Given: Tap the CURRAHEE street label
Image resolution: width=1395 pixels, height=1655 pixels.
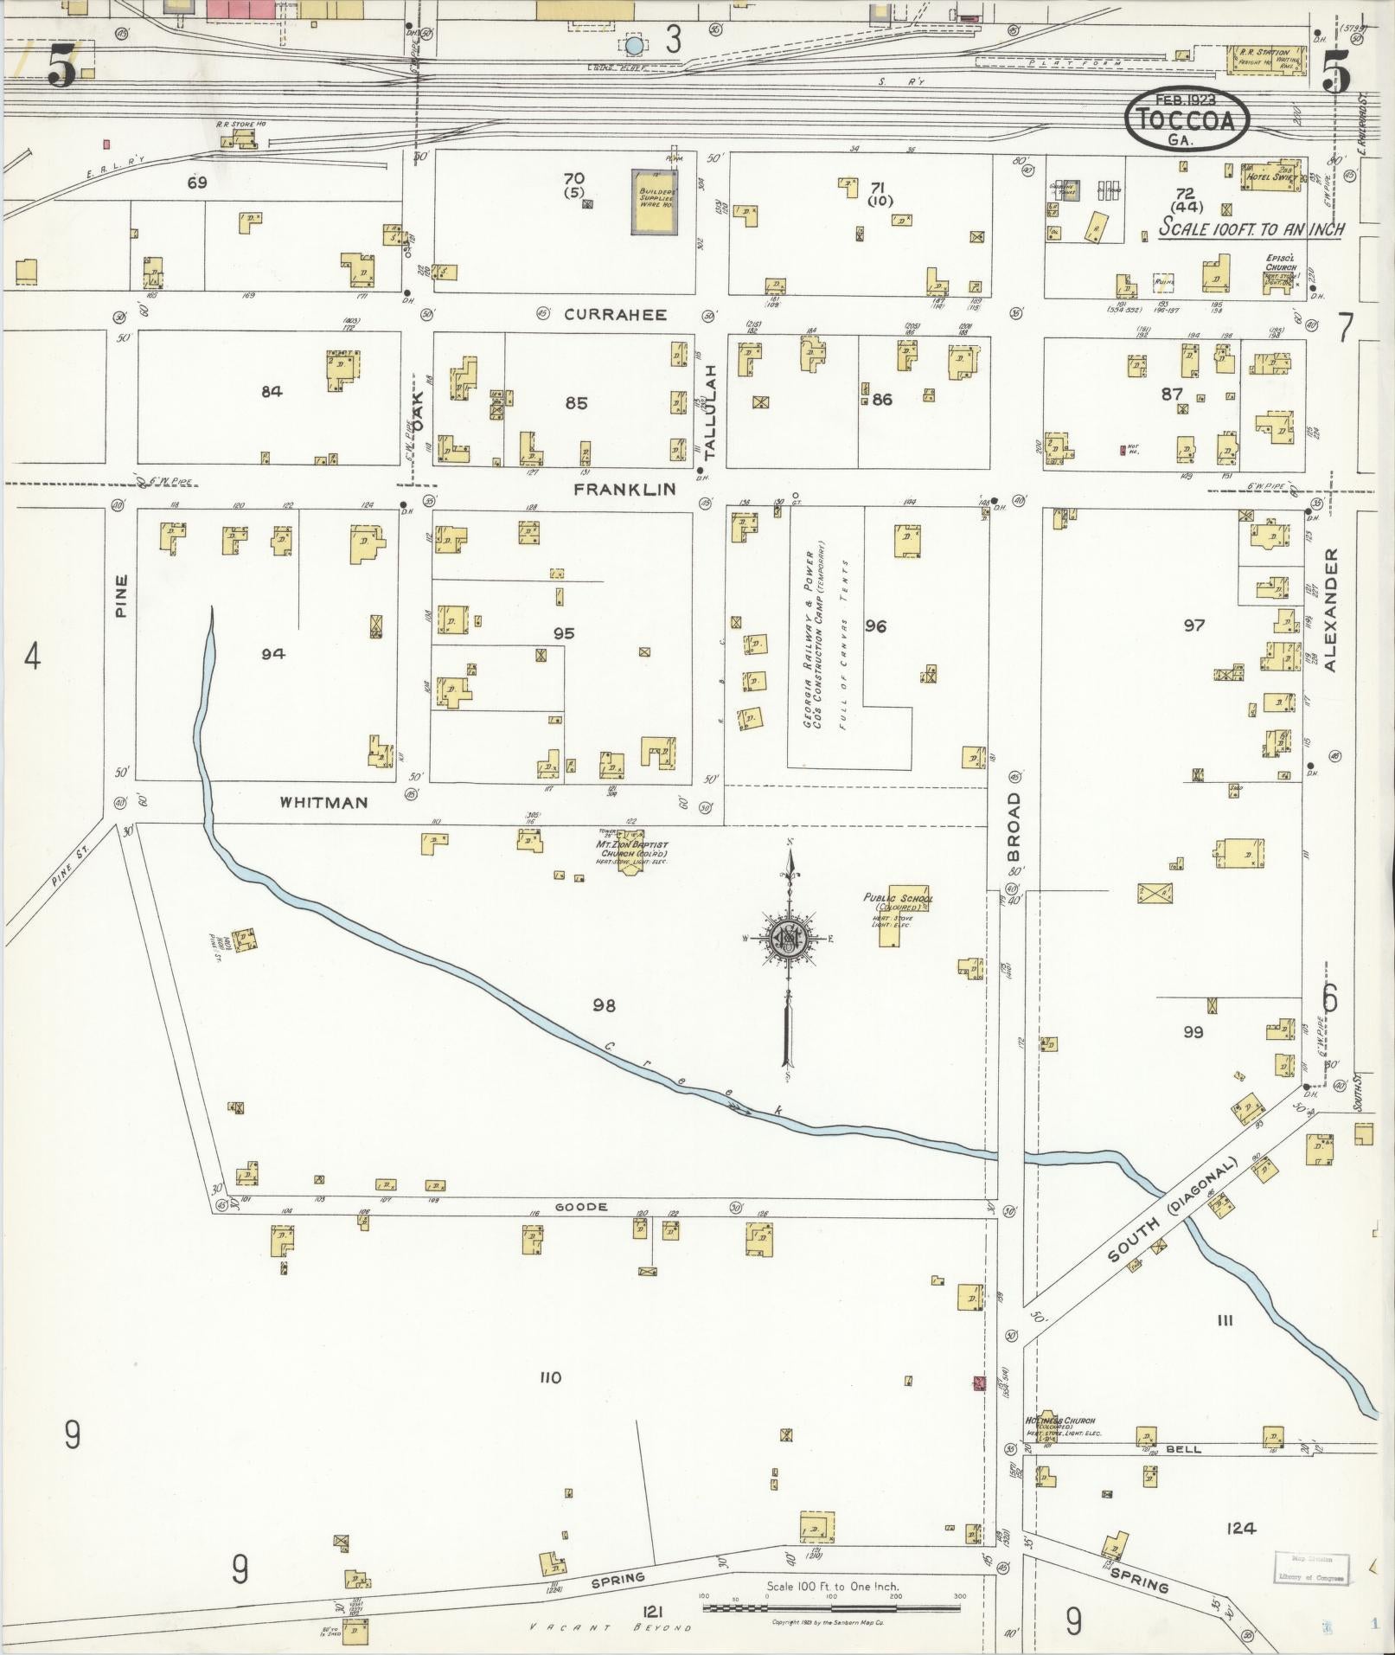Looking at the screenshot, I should tap(615, 315).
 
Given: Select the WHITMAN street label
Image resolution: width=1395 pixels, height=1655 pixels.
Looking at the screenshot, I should tap(323, 803).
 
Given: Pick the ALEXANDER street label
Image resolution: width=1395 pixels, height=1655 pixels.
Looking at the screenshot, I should tap(1330, 610).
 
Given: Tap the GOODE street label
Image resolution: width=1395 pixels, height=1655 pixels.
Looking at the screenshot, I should tap(581, 1207).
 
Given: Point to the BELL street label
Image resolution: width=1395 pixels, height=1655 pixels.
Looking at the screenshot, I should tap(1182, 1448).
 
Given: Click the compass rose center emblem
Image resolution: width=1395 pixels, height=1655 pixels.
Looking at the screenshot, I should tap(789, 937).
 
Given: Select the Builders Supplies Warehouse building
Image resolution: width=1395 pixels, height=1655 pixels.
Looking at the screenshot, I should tap(656, 202).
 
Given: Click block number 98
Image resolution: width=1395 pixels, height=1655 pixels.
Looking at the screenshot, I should tap(604, 1004).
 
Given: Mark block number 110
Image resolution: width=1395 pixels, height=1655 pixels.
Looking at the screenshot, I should tap(550, 1377).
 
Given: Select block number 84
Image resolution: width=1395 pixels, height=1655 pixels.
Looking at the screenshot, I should tap(272, 392).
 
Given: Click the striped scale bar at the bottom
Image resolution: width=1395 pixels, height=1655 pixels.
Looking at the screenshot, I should tap(830, 1609).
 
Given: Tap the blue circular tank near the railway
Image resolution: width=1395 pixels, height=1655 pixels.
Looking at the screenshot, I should tap(634, 44).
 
